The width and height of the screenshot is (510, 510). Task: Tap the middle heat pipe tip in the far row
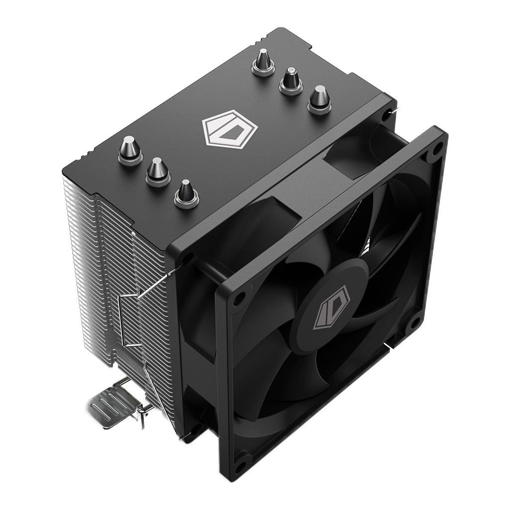click(x=290, y=80)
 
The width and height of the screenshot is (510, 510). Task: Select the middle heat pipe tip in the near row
click(x=158, y=170)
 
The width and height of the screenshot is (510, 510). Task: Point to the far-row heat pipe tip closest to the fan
click(x=319, y=99)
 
